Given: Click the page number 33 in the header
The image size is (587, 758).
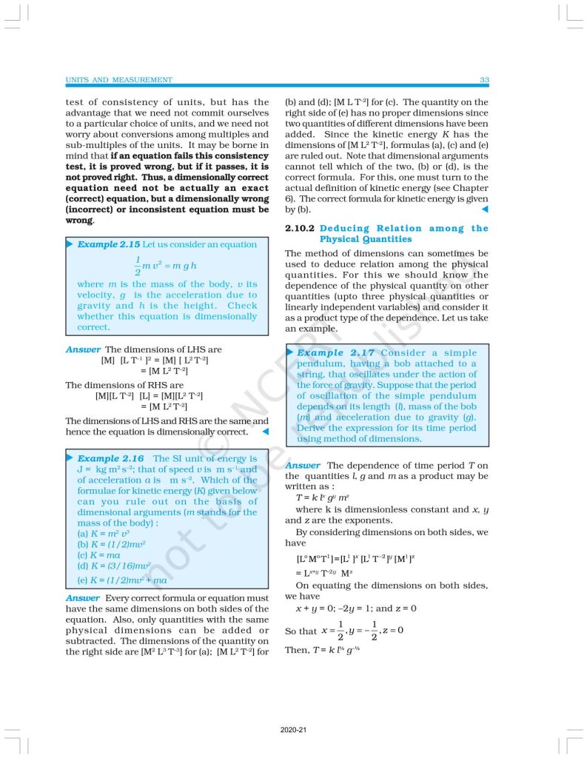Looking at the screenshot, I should click(484, 80).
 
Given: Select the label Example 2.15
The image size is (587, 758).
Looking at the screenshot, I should click(109, 244).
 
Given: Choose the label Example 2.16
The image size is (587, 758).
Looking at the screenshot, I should click(110, 459).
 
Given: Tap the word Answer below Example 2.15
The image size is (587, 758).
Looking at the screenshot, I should click(83, 349).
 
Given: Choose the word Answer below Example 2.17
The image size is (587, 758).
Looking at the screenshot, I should click(303, 466).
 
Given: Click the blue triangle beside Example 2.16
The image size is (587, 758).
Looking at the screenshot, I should click(70, 458).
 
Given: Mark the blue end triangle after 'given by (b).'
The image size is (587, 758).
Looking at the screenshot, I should click(484, 210).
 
